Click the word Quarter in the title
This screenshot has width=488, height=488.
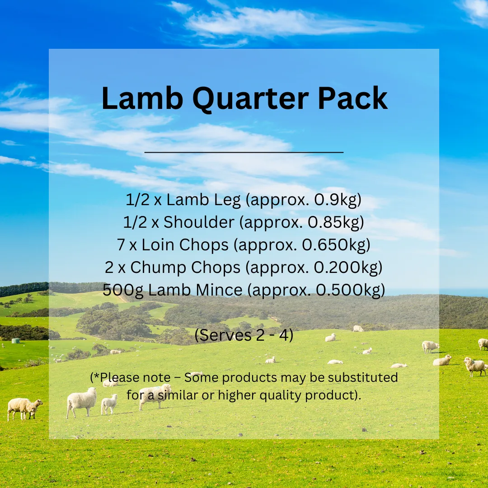pos(250,99)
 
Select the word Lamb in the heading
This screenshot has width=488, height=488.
pos(142,98)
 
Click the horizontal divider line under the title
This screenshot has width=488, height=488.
pos(244,152)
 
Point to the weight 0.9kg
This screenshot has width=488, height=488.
pos(335,200)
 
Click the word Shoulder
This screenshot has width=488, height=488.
pos(199,222)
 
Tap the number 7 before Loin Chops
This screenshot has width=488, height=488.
pos(121,245)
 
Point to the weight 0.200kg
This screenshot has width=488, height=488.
pos(346,267)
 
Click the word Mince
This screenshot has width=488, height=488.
pos(219,290)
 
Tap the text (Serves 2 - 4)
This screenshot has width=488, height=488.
pos(244,335)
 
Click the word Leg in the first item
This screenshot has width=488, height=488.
pos(227,200)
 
